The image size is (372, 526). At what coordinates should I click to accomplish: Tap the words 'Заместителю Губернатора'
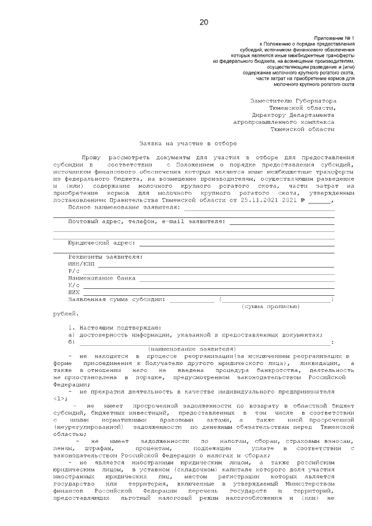292,100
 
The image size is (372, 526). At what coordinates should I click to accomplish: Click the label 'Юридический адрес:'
102,242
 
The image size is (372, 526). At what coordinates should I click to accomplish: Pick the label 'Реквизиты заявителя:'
105,256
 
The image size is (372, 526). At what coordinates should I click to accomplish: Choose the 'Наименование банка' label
102,278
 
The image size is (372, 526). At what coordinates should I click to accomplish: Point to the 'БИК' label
74,292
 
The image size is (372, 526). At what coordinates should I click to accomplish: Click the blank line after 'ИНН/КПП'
215,265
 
